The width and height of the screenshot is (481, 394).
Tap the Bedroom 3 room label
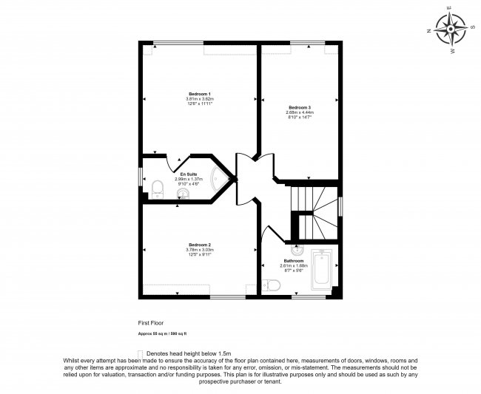(300, 107)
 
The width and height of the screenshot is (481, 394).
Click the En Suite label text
(188, 174)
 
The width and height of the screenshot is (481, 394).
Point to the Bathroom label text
(292, 261)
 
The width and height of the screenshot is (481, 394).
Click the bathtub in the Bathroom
(323, 271)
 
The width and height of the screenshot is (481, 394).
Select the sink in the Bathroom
(295, 248)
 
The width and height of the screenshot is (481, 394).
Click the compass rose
(451, 30)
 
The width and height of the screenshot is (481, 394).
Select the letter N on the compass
(429, 31)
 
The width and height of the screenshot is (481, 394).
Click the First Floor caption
(149, 323)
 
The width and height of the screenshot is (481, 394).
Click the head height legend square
(141, 353)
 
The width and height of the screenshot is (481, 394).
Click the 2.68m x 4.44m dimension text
(300, 112)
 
